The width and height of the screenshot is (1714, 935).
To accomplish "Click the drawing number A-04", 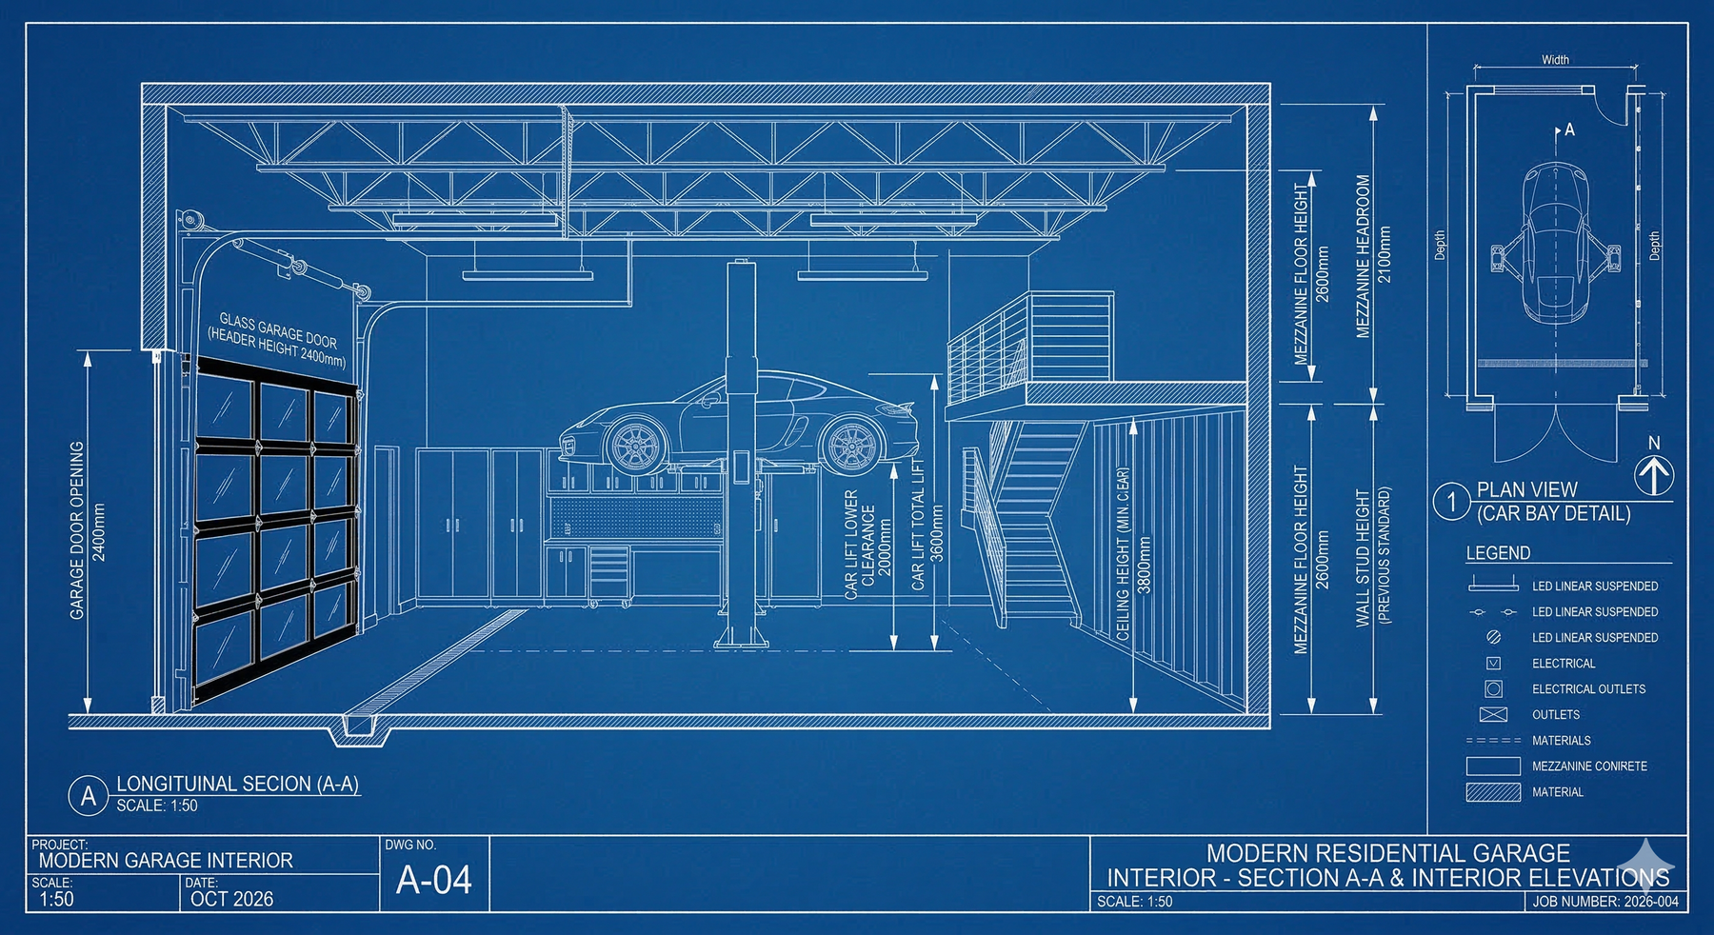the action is pyautogui.click(x=433, y=880).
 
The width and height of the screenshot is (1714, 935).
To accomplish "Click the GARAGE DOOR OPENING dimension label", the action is pyautogui.click(x=77, y=530).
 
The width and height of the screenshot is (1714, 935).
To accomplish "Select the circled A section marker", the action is pyautogui.click(x=89, y=796).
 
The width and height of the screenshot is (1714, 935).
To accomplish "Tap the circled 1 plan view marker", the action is pyautogui.click(x=1452, y=501).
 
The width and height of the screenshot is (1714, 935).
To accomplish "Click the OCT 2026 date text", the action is pyautogui.click(x=231, y=899).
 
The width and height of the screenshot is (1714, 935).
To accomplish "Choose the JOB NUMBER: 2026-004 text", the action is pyautogui.click(x=1605, y=901).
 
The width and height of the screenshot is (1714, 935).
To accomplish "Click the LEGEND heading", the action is pyautogui.click(x=1498, y=553).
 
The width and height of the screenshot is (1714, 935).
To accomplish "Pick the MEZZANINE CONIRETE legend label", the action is pyautogui.click(x=1589, y=766).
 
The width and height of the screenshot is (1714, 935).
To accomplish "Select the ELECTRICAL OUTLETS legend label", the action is pyautogui.click(x=1588, y=688).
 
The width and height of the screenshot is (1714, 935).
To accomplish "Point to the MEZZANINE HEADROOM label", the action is pyautogui.click(x=1364, y=256).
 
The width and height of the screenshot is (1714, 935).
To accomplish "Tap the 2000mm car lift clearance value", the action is pyautogui.click(x=885, y=547).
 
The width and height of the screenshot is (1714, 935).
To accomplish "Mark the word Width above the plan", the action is pyautogui.click(x=1555, y=60).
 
